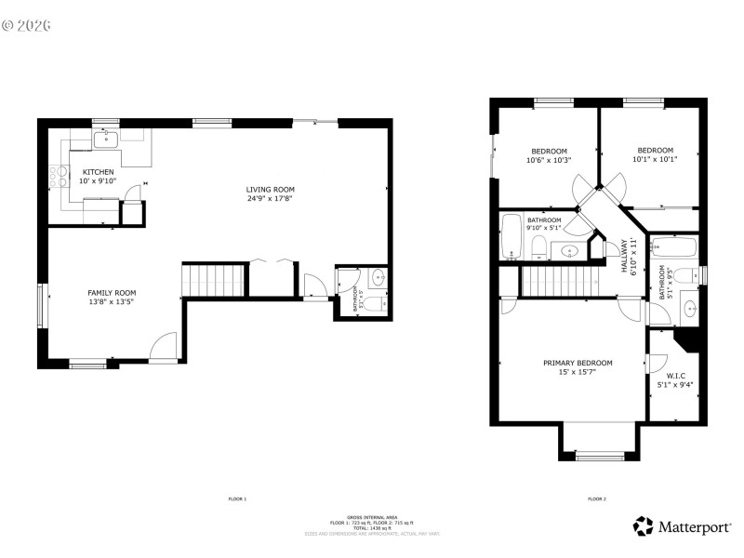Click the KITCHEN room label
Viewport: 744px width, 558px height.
(99, 172)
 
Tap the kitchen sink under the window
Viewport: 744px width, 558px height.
(104, 140)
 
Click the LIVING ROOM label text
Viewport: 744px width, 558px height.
(271, 189)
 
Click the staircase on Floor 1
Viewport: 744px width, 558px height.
(215, 279)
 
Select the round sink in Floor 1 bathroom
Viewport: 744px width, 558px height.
(379, 277)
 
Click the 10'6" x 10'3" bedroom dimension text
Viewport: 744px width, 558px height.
(549, 160)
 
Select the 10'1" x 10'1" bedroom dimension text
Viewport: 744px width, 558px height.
(655, 158)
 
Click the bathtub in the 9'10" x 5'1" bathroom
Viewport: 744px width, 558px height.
(511, 237)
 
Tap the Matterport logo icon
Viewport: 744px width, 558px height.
(643, 526)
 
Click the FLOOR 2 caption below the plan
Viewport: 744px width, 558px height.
(596, 499)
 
